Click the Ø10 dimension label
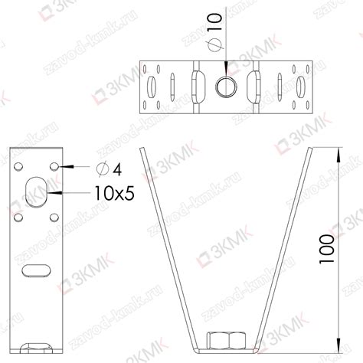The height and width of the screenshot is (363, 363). [x=214, y=31]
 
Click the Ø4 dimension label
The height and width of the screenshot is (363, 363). [x=109, y=169]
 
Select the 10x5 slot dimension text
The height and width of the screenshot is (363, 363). [x=114, y=193]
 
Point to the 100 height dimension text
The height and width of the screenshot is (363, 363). [x=326, y=250]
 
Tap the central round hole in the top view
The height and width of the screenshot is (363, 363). [x=227, y=87]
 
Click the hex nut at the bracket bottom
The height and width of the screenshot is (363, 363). [x=227, y=340]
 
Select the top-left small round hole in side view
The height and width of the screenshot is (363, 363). [x=18, y=166]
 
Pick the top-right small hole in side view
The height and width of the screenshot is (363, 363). [x=54, y=166]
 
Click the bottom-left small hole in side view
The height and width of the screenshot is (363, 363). [x=18, y=217]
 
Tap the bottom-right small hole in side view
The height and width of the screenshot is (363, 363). [x=54, y=217]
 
